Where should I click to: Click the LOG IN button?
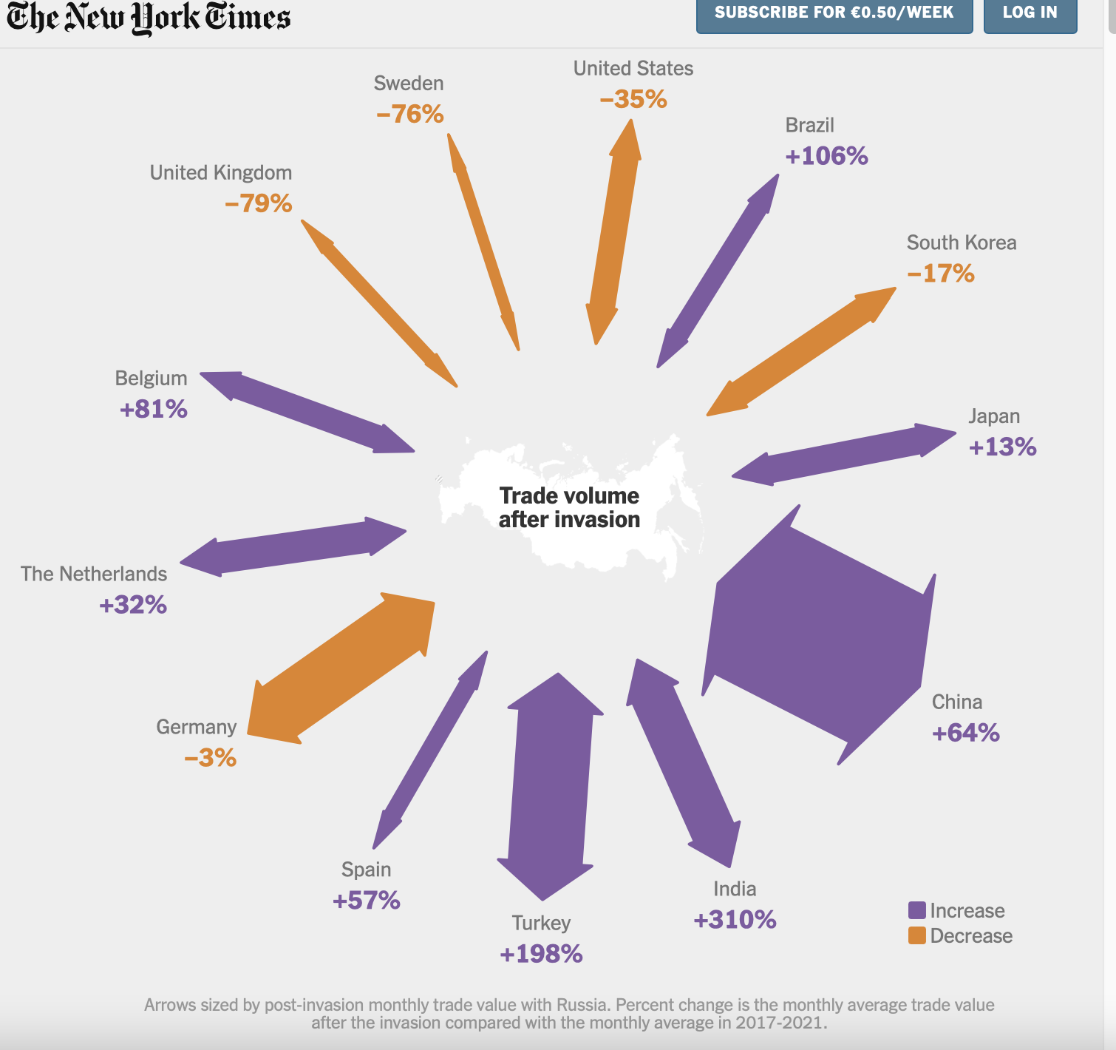click(x=1030, y=13)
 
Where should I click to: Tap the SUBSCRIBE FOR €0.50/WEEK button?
click(x=834, y=13)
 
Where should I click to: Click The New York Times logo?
click(x=149, y=18)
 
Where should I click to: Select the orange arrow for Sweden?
click(x=483, y=241)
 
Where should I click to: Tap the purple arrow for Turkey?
click(x=550, y=787)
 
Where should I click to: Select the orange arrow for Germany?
click(x=341, y=669)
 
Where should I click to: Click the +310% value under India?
click(x=735, y=920)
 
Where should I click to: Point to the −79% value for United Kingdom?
click(x=259, y=203)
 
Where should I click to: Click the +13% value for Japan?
click(x=1002, y=447)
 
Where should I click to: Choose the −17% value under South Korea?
click(x=941, y=274)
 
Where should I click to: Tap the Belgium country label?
click(x=152, y=379)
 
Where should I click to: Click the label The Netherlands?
click(x=94, y=574)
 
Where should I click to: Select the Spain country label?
click(x=367, y=870)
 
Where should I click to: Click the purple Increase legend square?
click(x=917, y=910)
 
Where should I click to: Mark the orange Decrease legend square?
click(x=917, y=935)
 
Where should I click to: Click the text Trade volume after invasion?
click(x=569, y=507)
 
